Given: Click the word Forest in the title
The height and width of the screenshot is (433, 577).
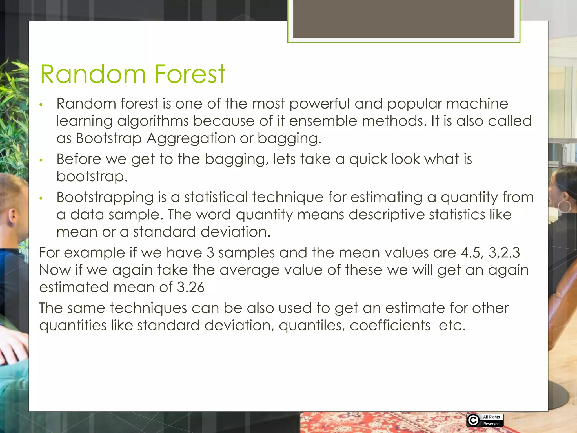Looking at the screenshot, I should (x=190, y=74).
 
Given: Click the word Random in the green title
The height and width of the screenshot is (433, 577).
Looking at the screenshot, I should (x=93, y=74).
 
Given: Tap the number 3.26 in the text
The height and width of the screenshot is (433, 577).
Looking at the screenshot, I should (x=190, y=287).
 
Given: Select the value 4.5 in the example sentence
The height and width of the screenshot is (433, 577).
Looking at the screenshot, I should (x=472, y=253).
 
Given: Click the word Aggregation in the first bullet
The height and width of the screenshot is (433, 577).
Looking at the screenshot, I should (x=191, y=138).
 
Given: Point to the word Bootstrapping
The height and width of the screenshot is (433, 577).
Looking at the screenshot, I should (x=105, y=197).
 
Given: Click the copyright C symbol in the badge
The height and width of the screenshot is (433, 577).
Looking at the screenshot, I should (x=473, y=420).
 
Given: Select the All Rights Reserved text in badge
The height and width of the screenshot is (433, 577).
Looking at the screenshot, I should (x=491, y=420).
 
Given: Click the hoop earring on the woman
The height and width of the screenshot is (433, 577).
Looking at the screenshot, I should (x=564, y=207).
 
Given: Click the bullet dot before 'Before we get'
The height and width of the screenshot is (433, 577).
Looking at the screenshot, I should (x=41, y=160).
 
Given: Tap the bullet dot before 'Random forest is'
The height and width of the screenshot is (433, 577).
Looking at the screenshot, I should (x=41, y=105).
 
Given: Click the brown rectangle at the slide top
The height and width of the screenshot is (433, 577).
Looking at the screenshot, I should (x=403, y=19).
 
